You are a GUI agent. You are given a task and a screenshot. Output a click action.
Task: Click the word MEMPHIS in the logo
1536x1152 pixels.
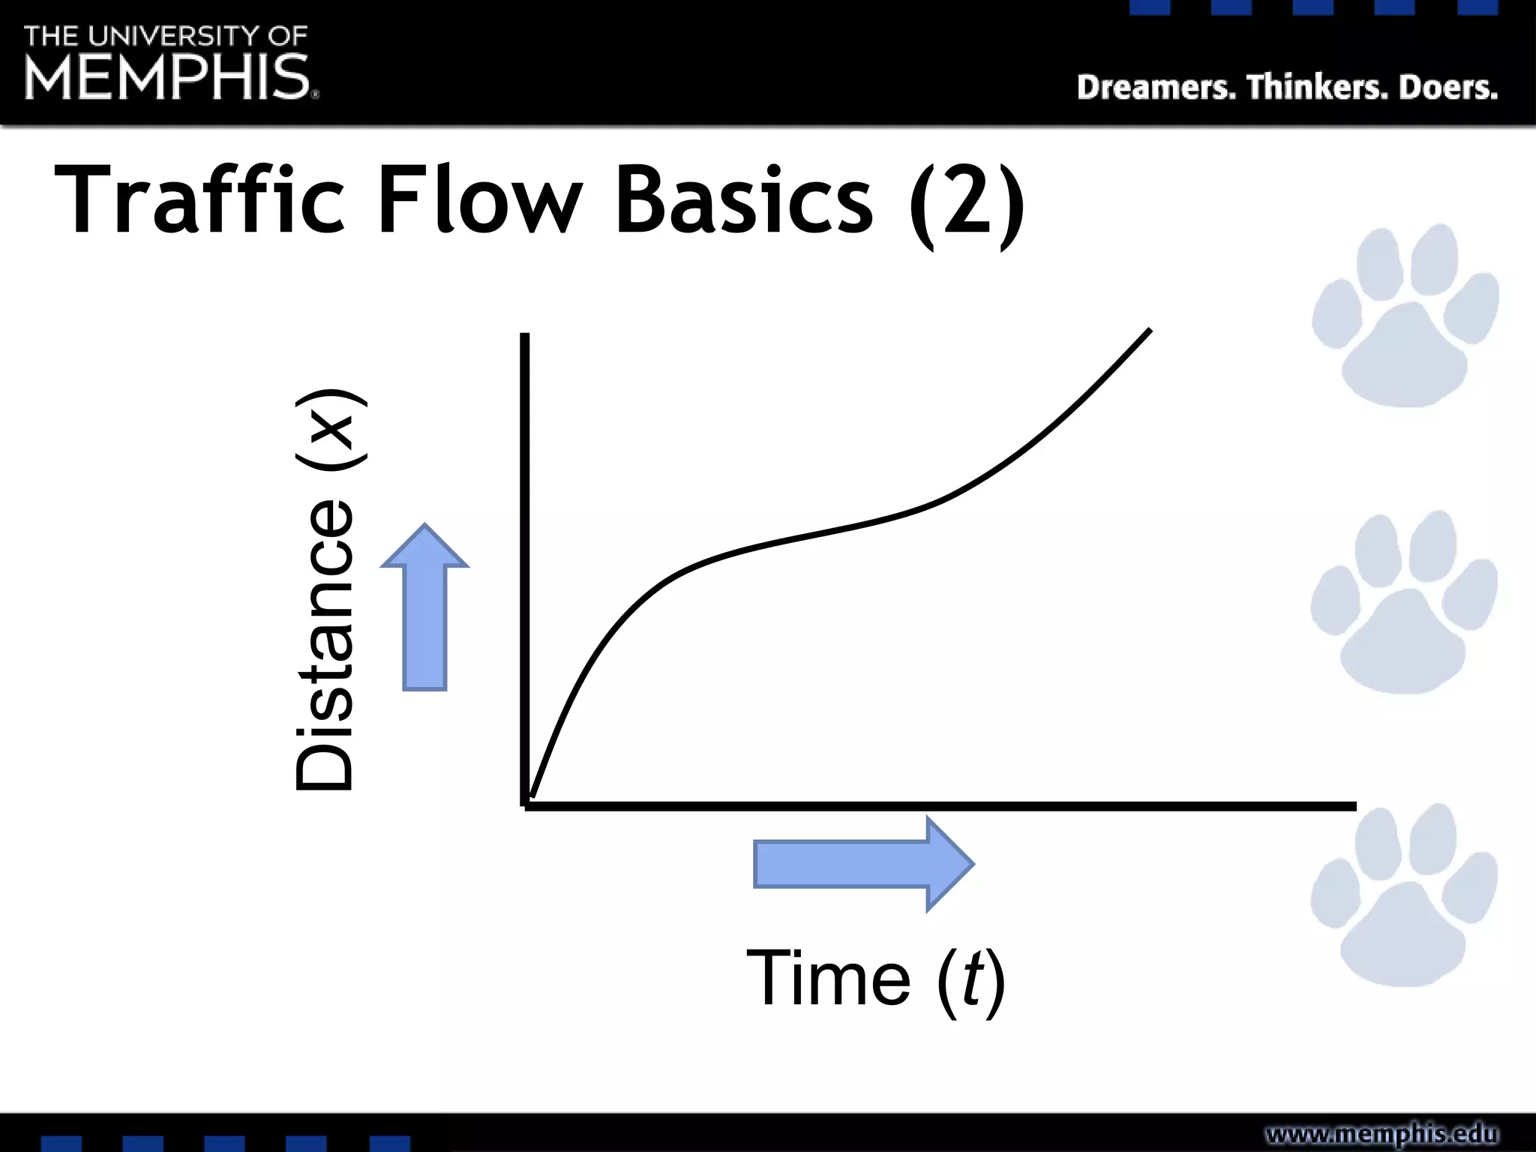click(x=166, y=76)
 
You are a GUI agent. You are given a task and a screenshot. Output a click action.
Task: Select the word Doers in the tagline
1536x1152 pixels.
click(x=1448, y=88)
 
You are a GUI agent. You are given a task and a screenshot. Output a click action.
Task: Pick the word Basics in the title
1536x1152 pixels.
click(x=744, y=201)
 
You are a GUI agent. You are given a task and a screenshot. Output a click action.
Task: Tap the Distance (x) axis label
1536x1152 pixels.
click(x=327, y=589)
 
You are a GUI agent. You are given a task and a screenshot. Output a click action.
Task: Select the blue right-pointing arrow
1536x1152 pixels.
click(x=862, y=864)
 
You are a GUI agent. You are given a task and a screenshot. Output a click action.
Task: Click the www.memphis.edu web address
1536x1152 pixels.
click(x=1381, y=1133)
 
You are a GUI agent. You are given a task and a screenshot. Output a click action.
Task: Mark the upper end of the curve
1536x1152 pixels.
click(x=1149, y=331)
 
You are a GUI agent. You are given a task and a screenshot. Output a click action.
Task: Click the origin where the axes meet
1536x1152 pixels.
click(x=525, y=805)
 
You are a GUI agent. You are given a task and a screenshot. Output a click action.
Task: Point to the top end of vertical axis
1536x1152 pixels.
click(x=525, y=336)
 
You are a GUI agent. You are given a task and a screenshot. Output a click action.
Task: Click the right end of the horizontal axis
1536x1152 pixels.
click(x=1354, y=806)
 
